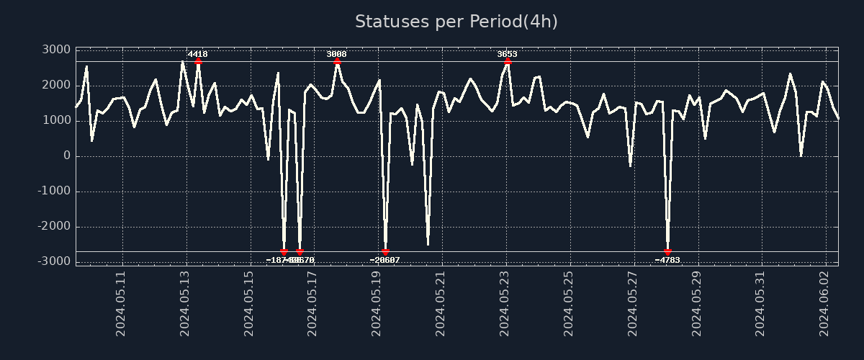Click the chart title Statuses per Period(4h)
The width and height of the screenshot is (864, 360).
(456, 22)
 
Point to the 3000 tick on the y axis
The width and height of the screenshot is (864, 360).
(56, 50)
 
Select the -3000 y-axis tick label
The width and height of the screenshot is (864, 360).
(53, 261)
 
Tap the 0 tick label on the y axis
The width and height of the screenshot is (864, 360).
(66, 156)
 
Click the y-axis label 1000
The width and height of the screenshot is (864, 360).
(56, 120)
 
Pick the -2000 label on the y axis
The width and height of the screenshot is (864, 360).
(53, 226)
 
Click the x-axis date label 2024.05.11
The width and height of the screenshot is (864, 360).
(121, 303)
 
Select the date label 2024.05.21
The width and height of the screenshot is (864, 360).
(441, 303)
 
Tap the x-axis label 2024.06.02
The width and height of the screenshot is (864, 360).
(825, 303)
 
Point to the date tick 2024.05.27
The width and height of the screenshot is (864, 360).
(633, 303)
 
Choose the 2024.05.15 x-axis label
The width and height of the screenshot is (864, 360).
(249, 303)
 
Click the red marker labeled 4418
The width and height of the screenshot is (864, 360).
(198, 62)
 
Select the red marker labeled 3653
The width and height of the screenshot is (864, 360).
(508, 62)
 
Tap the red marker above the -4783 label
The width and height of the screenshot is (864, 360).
(667, 252)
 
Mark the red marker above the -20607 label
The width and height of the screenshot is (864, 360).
(385, 252)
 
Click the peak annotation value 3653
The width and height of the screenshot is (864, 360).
(507, 54)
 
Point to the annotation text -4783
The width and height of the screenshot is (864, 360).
(667, 260)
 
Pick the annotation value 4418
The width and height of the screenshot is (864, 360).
(198, 54)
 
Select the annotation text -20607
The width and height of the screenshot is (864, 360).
(385, 260)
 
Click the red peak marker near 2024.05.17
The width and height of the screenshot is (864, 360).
(337, 62)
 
